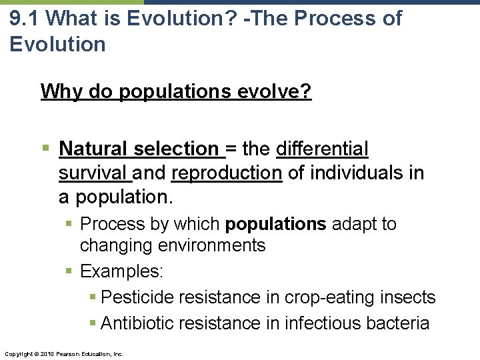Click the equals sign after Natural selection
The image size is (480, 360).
point(232,149)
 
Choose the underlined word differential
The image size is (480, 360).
point(322,149)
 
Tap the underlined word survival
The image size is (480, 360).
point(94,173)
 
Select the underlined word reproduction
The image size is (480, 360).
point(227,173)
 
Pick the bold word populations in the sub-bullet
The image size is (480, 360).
point(276,224)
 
